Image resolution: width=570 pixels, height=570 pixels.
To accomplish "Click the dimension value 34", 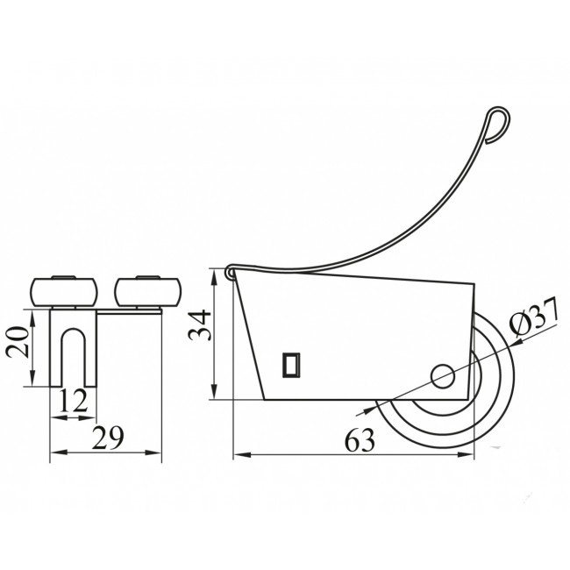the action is pyautogui.click(x=200, y=324).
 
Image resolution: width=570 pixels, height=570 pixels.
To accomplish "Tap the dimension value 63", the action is pyautogui.click(x=360, y=440).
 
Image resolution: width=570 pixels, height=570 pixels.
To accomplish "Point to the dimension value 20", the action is pyautogui.click(x=17, y=342).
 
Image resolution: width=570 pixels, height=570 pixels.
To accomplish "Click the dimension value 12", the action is pyautogui.click(x=74, y=400).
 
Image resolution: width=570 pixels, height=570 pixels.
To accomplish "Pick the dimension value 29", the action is pyautogui.click(x=108, y=438).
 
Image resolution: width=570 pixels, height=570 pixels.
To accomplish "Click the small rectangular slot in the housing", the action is pyautogui.click(x=291, y=365).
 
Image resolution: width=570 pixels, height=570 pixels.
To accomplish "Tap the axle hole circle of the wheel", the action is pyautogui.click(x=442, y=375).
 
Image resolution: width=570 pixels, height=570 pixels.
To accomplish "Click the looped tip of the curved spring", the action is pyautogui.click(x=498, y=124).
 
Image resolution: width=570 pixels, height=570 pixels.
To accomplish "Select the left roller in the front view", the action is pyautogui.click(x=64, y=291).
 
